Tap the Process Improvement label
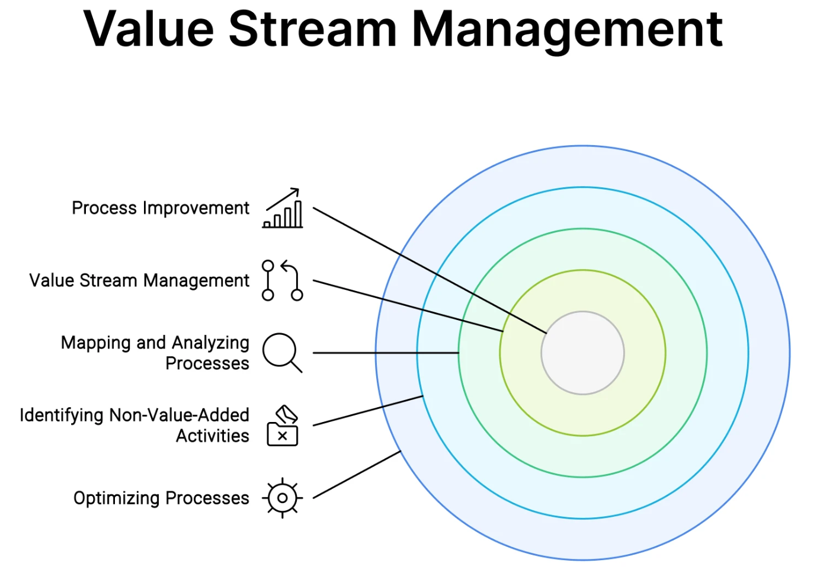tap(161, 208)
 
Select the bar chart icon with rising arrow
tap(283, 209)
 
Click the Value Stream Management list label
tap(139, 280)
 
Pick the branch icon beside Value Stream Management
tap(283, 280)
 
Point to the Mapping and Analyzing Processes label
tap(155, 353)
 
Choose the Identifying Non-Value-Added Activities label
tap(134, 425)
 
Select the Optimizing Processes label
tap(161, 498)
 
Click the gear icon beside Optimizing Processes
tap(283, 498)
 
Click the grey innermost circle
tap(582, 353)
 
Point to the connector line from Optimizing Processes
tap(357, 474)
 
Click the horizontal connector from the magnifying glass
tap(385, 353)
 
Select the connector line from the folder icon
tap(367, 411)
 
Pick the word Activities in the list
tap(213, 436)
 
